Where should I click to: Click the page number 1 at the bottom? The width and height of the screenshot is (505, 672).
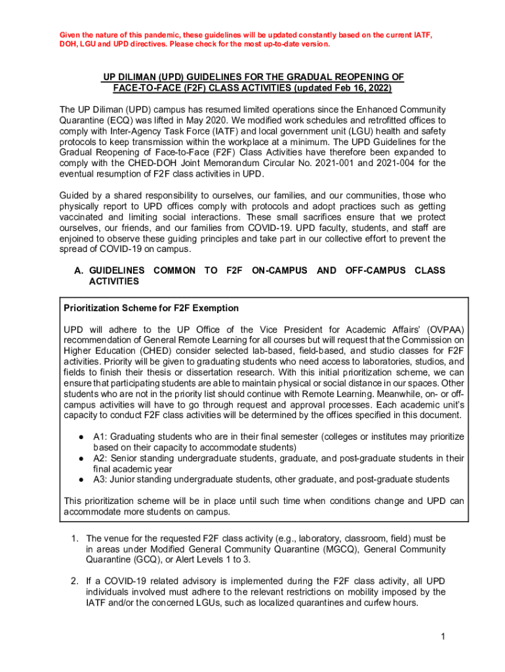443,637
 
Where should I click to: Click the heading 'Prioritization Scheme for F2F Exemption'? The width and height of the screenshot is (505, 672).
151,308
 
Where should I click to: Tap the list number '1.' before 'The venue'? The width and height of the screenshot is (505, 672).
75,539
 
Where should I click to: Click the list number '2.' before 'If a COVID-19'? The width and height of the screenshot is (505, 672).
75,581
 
